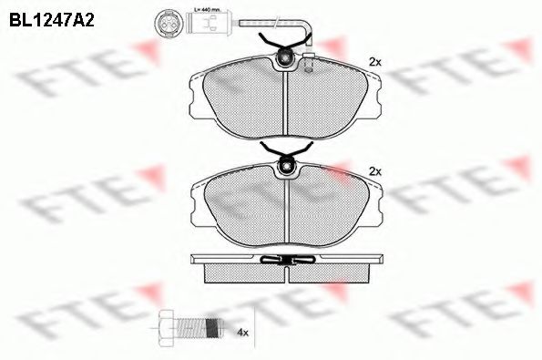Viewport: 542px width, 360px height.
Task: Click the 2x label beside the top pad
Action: [x=373, y=61]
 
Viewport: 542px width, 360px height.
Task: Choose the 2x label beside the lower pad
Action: [x=373, y=170]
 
